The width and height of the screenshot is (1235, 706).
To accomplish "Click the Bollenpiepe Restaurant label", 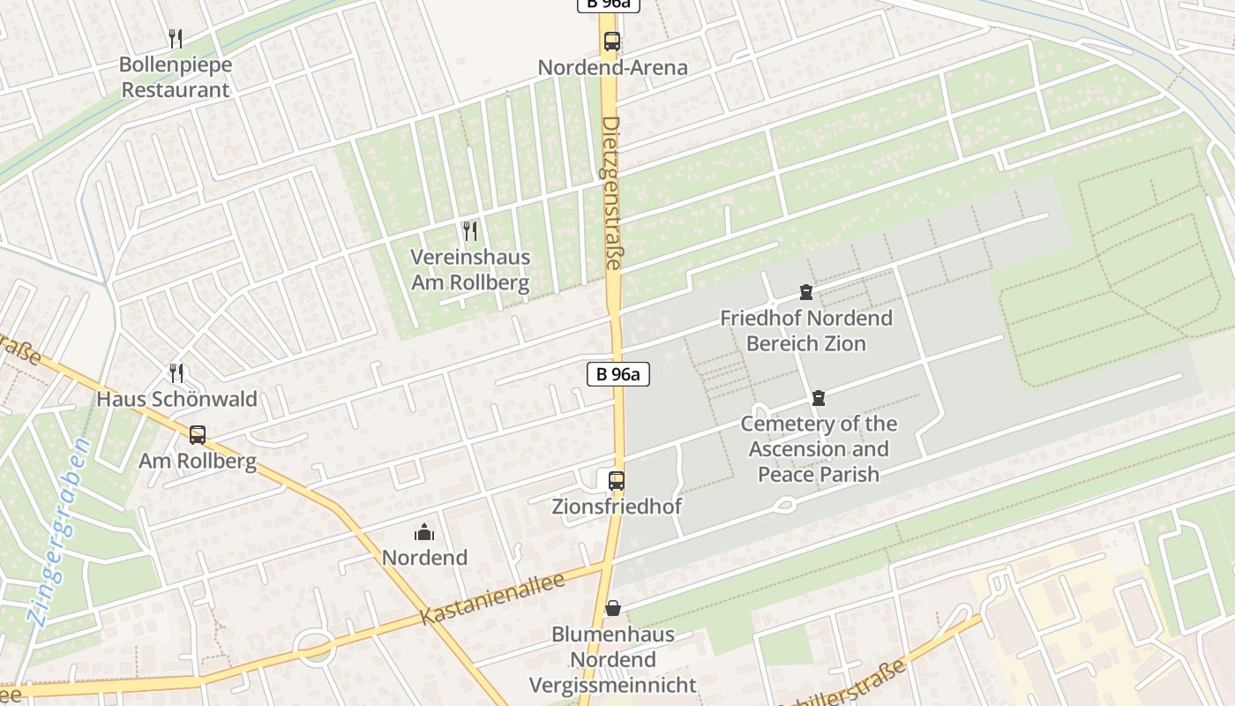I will pos(175,77).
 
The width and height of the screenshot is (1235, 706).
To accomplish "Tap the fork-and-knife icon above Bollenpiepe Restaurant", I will pos(175,38).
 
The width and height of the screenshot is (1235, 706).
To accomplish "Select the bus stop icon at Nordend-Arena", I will pos(611,41).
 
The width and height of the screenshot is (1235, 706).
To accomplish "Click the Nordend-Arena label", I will pos(612,67).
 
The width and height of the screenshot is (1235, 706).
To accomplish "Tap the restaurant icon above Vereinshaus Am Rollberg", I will pos(470,231).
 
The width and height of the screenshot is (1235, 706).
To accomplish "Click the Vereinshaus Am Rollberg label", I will pos(470,270).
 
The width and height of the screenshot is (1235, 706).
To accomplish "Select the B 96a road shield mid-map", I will pos(618,373).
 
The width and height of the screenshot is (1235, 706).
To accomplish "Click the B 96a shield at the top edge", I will pos(608,4).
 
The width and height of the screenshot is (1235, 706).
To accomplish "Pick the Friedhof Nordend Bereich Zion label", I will pos(806,330).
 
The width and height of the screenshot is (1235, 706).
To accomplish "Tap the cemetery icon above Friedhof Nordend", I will pos(805,292).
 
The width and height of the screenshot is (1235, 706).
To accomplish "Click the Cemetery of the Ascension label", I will pos(819,448).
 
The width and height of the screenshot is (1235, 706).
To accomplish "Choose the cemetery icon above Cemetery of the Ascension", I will pos(819,398).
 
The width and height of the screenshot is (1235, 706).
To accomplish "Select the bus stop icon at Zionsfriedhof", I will pos(617,481).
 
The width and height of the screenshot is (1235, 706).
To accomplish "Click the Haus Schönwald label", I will pos(176,399).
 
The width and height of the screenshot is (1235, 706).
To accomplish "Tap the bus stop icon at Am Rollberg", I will pos(198,434).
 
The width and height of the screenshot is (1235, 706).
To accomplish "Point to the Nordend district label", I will pos(424,557).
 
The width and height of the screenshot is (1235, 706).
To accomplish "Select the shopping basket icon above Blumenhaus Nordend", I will pos(613,608).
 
